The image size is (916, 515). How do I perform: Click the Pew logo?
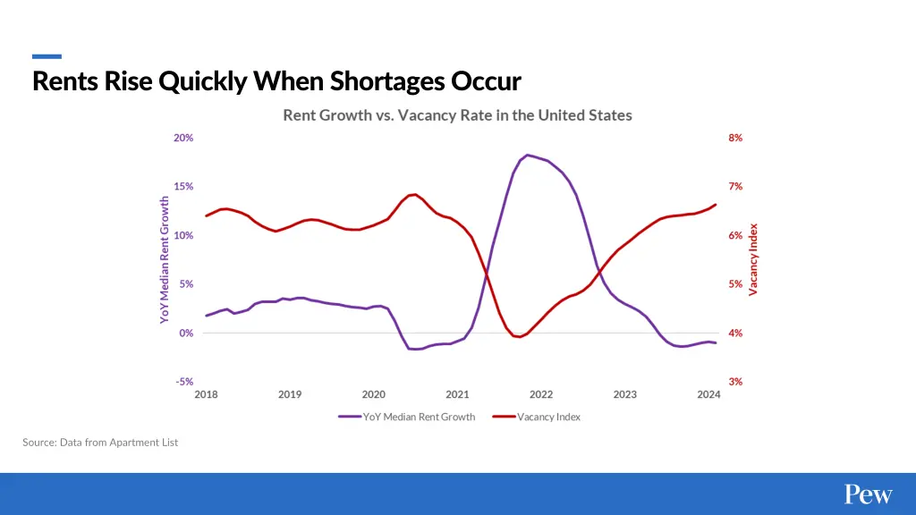(x=868, y=494)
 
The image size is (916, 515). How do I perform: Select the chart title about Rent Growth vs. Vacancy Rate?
(x=457, y=115)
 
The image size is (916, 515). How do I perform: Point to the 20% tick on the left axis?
(x=183, y=138)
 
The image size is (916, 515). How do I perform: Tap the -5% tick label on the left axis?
(x=183, y=382)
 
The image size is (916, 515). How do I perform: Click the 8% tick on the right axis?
(x=735, y=138)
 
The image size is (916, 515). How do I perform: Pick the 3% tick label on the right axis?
(x=735, y=382)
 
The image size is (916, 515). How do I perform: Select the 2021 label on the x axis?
(x=457, y=394)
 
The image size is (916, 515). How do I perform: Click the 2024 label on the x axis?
(x=708, y=394)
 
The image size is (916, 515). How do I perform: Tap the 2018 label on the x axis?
(x=206, y=394)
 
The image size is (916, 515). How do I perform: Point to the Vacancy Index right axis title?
(x=753, y=259)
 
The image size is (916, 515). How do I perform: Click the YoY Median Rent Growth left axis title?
(x=165, y=259)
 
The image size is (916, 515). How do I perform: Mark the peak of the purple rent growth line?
(x=528, y=155)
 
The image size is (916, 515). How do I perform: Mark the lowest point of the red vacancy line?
(x=518, y=337)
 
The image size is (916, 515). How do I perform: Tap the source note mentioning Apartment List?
(x=100, y=443)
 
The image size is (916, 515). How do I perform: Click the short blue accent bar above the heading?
(x=47, y=56)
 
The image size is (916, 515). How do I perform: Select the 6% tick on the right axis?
(x=735, y=235)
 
